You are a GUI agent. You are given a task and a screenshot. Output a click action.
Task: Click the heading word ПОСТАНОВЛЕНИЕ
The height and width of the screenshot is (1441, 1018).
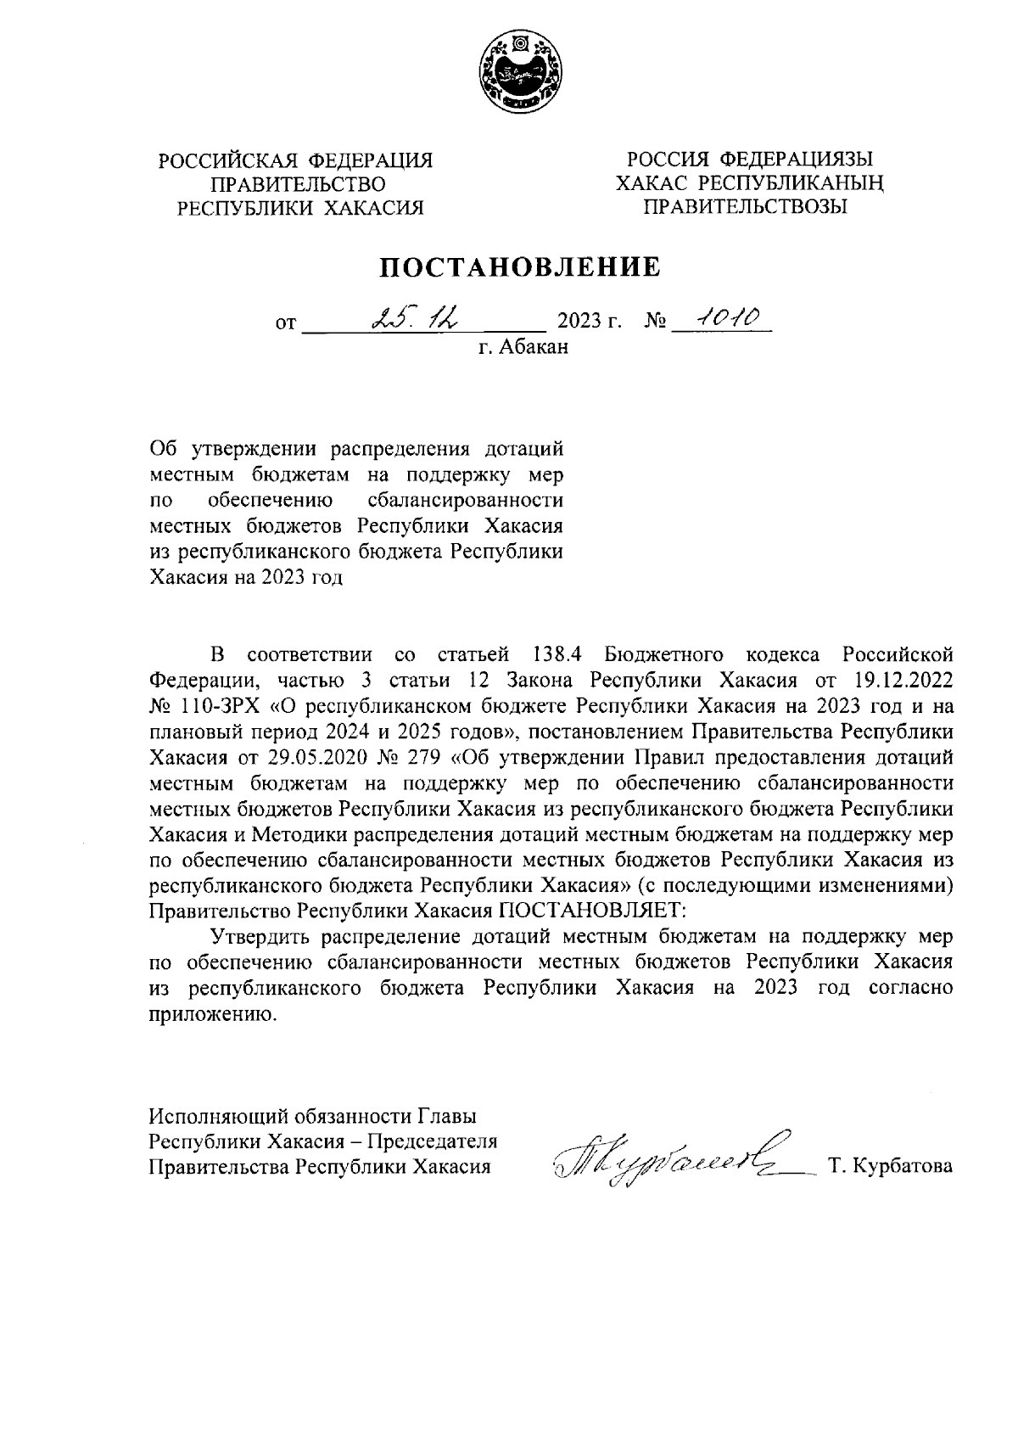click(x=519, y=267)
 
